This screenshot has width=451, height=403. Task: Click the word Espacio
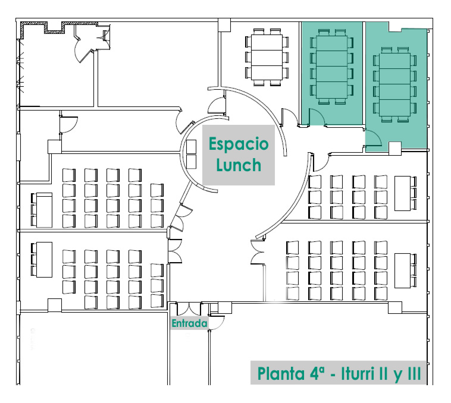pyautogui.click(x=239, y=144)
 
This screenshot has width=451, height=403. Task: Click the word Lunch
pyautogui.click(x=239, y=165)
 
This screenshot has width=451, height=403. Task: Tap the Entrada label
pyautogui.click(x=189, y=323)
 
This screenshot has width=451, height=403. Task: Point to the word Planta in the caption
pyautogui.click(x=281, y=373)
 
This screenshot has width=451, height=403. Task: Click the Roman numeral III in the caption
pyautogui.click(x=415, y=373)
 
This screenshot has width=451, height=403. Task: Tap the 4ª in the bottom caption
pyautogui.click(x=317, y=373)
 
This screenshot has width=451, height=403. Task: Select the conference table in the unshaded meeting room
pyautogui.click(x=267, y=57)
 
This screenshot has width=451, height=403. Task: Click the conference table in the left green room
pyautogui.click(x=331, y=67)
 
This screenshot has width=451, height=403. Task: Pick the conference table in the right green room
pyautogui.click(x=395, y=84)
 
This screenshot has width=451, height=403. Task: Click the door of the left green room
pyautogui.click(x=317, y=117)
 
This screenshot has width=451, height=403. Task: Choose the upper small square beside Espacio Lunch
pyautogui.click(x=191, y=146)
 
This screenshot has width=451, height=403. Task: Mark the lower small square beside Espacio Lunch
pyautogui.click(x=191, y=162)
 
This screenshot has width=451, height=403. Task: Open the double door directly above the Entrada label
pyautogui.click(x=189, y=309)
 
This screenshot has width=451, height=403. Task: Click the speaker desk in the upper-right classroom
pyautogui.click(x=402, y=193)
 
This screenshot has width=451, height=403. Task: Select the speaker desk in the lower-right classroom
pyautogui.click(x=402, y=270)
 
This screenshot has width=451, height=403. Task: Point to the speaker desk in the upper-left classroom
pyautogui.click(x=44, y=210)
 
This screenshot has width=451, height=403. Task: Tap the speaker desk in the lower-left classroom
pyautogui.click(x=44, y=260)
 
